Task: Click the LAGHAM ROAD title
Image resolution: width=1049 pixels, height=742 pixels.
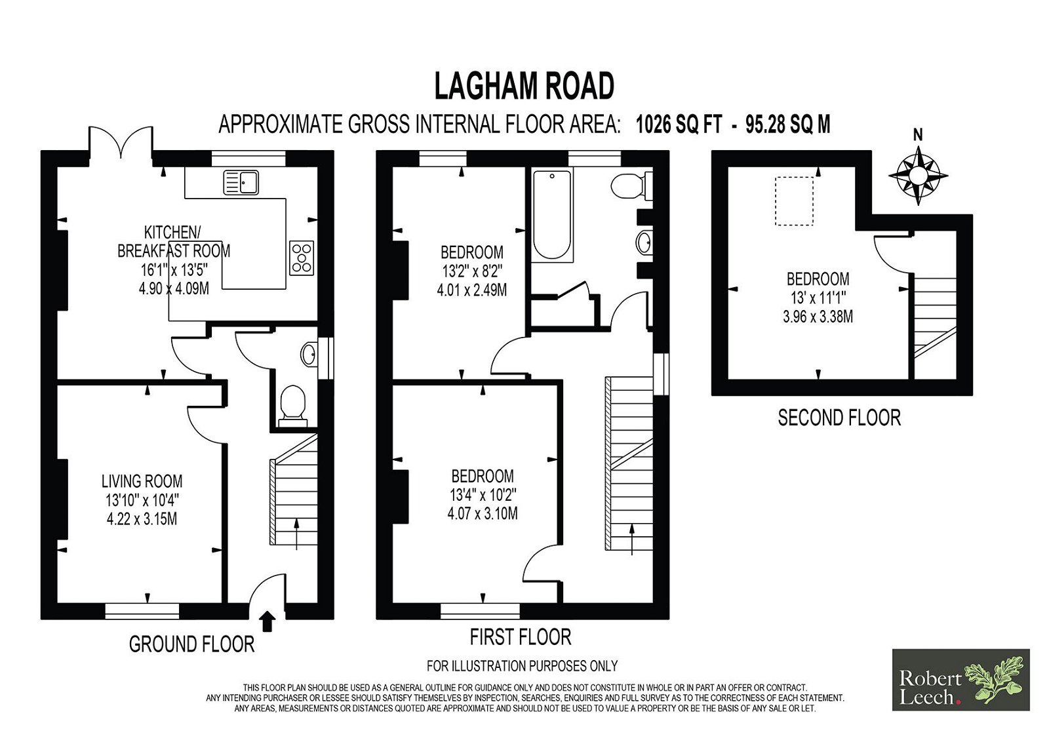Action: [x=524, y=86]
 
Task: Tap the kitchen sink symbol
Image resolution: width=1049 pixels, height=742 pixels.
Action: [x=241, y=183]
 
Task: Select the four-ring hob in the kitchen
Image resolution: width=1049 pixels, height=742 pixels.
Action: [x=302, y=258]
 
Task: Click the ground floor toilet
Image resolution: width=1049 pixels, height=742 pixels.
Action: [x=292, y=405]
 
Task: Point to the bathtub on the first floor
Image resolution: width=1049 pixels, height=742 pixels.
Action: [x=552, y=214]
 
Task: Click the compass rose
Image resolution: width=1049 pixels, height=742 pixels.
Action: [x=918, y=176]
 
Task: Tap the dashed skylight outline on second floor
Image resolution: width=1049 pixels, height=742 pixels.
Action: [x=794, y=201]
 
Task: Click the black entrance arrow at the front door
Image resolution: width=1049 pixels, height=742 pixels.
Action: [x=267, y=621]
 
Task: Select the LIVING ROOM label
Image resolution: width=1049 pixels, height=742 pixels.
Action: [x=142, y=480]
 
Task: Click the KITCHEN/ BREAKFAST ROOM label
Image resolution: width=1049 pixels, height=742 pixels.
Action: [x=174, y=242]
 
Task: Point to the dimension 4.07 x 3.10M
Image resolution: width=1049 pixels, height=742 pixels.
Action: [x=483, y=513]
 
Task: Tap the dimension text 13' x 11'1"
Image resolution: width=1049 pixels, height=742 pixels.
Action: [x=818, y=298]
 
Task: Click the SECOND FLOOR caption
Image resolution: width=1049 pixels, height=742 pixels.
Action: [x=839, y=418]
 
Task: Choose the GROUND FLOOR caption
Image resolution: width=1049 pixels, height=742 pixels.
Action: [x=191, y=644]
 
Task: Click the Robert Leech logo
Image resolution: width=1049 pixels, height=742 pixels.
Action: [x=960, y=679]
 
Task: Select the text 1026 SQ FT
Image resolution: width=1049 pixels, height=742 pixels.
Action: [x=679, y=125]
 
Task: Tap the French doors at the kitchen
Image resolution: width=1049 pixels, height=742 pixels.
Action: [x=121, y=142]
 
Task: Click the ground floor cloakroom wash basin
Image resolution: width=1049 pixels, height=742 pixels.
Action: [x=309, y=354]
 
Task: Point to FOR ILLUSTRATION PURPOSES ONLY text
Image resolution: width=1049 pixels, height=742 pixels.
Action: [x=522, y=665]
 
